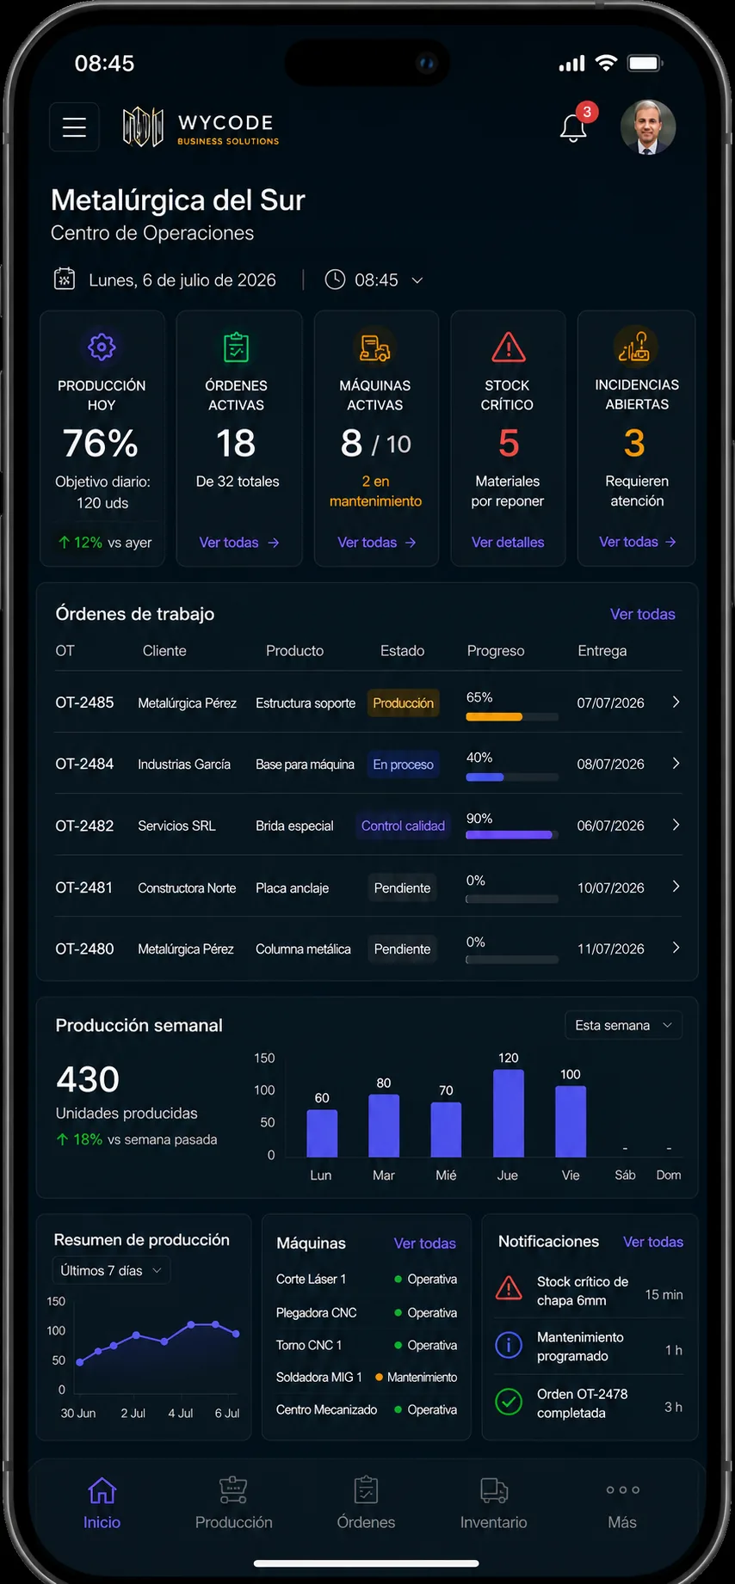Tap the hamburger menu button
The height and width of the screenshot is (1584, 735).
(74, 127)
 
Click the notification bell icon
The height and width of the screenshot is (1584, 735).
(573, 128)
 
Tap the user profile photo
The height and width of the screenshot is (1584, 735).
(648, 127)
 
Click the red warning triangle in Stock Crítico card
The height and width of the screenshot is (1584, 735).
(509, 347)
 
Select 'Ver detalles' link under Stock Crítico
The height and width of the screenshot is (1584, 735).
(508, 543)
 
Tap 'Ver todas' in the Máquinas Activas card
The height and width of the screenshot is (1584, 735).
(376, 543)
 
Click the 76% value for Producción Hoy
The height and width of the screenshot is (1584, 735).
(101, 444)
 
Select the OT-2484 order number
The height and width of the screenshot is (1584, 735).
(84, 764)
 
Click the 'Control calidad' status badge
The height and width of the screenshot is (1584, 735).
(403, 826)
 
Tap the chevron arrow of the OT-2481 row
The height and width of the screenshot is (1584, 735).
(676, 887)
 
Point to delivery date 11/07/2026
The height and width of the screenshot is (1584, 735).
(610, 949)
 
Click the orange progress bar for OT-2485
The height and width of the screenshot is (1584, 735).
(494, 716)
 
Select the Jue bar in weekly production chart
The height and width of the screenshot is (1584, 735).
(508, 1113)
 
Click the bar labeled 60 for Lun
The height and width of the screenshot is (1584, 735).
(322, 1133)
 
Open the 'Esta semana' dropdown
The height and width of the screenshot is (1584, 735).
(623, 1025)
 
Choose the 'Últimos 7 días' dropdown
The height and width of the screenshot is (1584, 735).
(111, 1270)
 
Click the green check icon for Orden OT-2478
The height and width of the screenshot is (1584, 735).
(509, 1402)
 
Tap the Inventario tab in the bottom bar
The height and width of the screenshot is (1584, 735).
(493, 1503)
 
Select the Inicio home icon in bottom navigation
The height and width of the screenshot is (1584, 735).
(102, 1490)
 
